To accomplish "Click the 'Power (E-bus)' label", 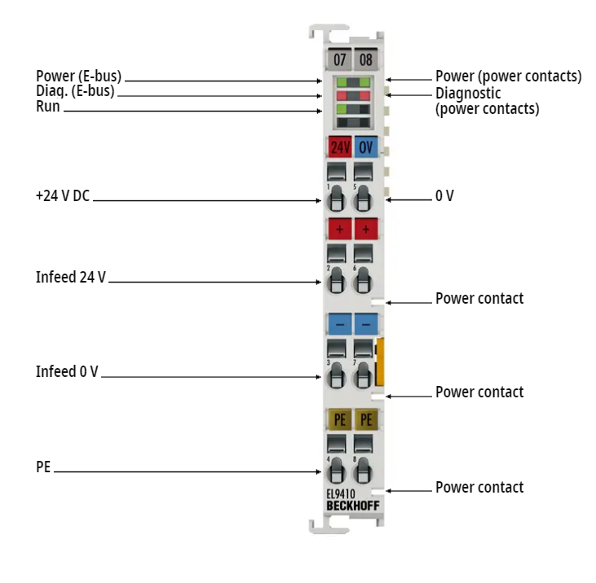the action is point(79,76).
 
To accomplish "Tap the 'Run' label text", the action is point(48,107).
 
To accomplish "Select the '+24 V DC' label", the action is point(63,196).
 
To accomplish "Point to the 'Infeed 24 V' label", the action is point(71,277).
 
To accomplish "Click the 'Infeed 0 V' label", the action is point(67,371).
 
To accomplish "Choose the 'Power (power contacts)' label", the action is point(509,77).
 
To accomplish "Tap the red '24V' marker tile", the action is point(340,147).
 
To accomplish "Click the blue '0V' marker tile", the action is point(366,147).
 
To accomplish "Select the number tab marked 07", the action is point(339,59).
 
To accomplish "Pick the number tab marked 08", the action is point(365,59).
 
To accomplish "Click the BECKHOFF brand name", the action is point(353,506).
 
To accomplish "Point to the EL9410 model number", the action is point(341,493).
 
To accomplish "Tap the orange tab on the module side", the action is point(380,362).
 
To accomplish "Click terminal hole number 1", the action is point(337,199).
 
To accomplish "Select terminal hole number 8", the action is point(363,471).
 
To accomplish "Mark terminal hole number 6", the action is point(363,280).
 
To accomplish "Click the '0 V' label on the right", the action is point(444,196).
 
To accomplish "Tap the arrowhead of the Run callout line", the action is point(320,111).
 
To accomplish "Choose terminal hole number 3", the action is point(337,375).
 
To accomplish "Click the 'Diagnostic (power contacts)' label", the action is point(488,101).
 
